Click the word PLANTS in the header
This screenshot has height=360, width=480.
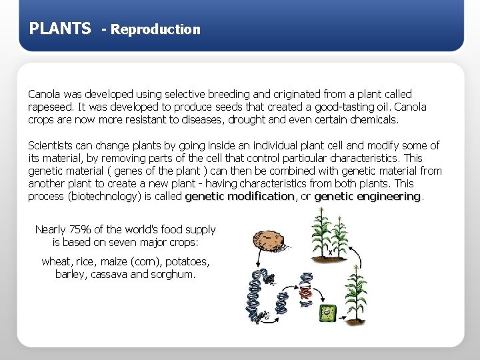[x=60, y=29]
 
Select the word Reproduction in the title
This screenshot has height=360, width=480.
[x=155, y=29]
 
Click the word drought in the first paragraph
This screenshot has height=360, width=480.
[x=247, y=120]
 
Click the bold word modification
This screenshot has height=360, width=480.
[x=261, y=196]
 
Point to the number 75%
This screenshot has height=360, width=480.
[x=79, y=229]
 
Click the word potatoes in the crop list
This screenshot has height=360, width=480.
[x=186, y=261]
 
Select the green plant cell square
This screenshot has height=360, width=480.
[x=327, y=313]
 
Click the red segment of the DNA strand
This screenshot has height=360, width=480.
[x=305, y=291]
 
